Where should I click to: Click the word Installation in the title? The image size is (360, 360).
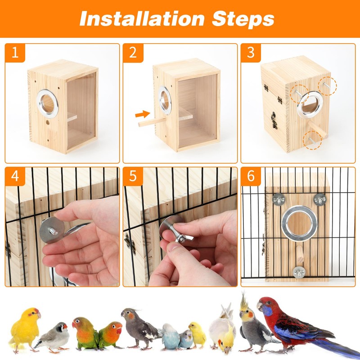[137, 18]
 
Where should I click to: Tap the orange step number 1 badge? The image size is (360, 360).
[15, 53]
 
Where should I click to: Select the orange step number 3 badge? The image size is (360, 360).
[251, 53]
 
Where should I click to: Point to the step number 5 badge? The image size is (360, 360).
[133, 176]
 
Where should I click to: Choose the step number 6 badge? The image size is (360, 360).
[251, 176]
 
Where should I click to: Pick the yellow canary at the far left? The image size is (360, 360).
[25, 328]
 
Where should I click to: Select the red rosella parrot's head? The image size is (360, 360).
[269, 307]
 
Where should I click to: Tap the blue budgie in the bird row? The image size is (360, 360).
[171, 335]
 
